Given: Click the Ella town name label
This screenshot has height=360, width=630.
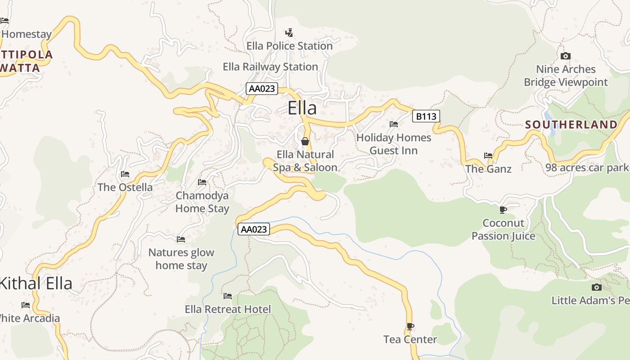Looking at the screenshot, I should [302, 108].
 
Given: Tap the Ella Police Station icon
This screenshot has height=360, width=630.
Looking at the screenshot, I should [289, 33].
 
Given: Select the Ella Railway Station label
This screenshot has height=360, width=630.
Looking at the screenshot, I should [270, 67].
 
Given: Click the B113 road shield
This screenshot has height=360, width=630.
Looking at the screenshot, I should [426, 117].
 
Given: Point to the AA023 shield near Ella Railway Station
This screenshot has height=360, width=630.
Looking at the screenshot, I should [262, 89].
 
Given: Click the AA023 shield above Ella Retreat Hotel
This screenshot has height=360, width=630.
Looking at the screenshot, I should [254, 229].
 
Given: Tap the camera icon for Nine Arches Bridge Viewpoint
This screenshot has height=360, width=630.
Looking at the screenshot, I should [566, 56].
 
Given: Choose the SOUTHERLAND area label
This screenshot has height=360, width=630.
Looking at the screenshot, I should [571, 125].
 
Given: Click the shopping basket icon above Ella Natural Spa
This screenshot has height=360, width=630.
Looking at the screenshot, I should [305, 142].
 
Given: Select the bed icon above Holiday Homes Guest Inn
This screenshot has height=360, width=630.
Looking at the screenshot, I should [394, 124].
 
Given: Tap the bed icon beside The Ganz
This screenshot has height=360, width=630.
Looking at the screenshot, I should [488, 156].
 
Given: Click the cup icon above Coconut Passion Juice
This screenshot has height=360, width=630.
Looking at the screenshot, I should [503, 210].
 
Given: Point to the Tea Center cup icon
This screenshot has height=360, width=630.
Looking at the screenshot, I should [410, 326].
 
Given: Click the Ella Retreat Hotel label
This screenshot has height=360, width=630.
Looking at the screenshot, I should [228, 309].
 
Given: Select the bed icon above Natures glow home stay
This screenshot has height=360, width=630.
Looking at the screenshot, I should [181, 239].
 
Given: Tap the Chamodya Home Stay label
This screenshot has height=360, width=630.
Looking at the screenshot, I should [202, 202].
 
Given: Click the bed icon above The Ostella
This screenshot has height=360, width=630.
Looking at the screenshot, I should [125, 174].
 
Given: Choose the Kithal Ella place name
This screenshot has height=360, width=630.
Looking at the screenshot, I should [36, 283].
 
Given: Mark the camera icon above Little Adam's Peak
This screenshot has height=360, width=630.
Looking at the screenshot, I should [597, 287].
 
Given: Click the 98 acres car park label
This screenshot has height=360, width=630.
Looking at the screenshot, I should [587, 168].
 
